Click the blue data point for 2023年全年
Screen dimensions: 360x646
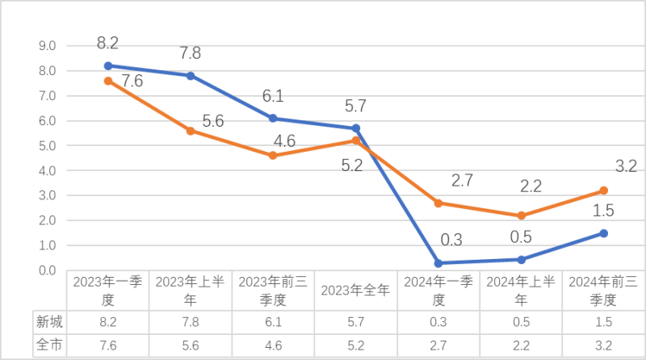tap(356, 128)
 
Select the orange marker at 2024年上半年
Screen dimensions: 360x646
tap(521, 216)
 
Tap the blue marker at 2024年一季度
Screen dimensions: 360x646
tap(438, 263)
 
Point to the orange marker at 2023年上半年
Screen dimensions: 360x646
tap(191, 131)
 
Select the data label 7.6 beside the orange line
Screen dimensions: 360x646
tap(132, 81)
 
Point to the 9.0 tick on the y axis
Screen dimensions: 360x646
tap(45, 46)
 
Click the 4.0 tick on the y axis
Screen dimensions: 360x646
tap(45, 171)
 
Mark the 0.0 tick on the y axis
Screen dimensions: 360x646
tap(45, 270)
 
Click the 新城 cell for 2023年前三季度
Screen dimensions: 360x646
tap(273, 321)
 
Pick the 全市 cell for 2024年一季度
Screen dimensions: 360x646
tap(438, 344)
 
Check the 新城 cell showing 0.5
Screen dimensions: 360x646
tap(521, 321)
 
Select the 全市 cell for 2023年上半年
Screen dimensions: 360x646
tap(191, 344)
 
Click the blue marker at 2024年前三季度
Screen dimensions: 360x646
tap(603, 233)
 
